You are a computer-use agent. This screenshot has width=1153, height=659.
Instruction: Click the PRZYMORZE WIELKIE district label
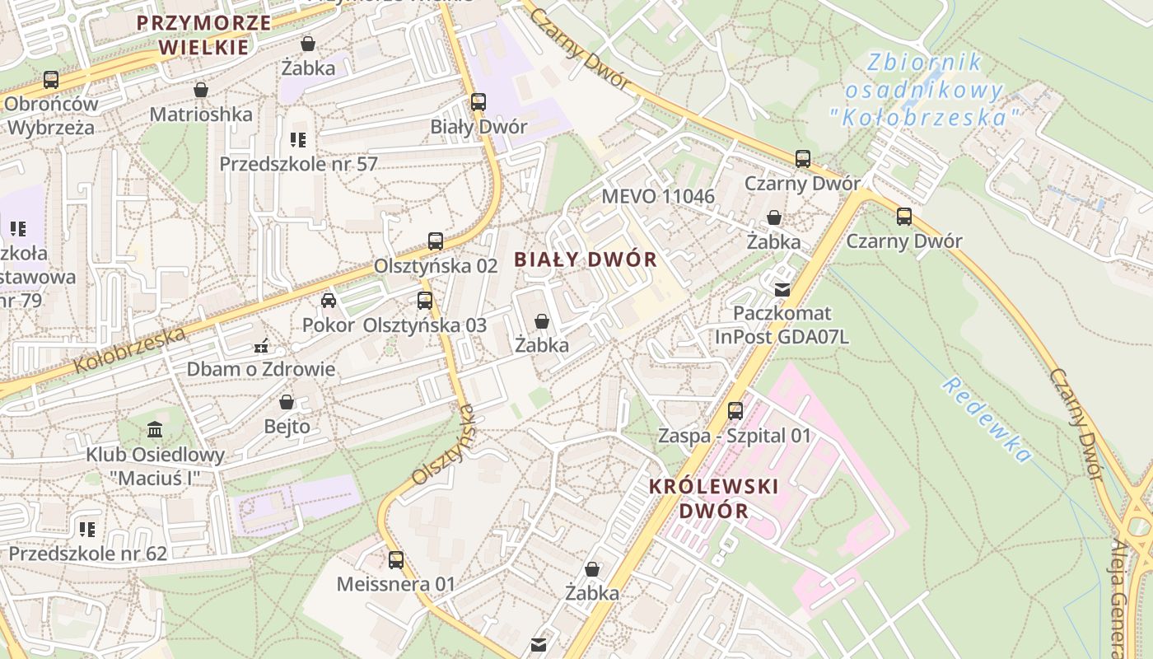coord(203,35)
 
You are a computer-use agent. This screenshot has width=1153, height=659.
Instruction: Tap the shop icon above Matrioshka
coord(201,90)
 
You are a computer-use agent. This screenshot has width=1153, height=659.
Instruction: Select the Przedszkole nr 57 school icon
coord(297,140)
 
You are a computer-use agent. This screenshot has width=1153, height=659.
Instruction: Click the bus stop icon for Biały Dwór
coord(478,102)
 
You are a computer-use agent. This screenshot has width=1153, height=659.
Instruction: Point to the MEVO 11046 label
coord(658,196)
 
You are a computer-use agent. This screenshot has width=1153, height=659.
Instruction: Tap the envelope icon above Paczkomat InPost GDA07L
coord(782,289)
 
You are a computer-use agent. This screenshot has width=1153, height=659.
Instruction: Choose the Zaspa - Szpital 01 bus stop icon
coord(735,410)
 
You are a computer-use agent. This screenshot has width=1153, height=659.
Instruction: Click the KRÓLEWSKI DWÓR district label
coord(713,498)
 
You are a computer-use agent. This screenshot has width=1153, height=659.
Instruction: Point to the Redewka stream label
coord(987,419)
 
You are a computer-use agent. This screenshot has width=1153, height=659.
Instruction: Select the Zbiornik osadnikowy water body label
coord(926,89)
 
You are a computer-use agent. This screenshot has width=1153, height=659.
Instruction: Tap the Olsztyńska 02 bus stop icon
coord(436,241)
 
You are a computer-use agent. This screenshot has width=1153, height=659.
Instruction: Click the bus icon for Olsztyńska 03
coord(425,301)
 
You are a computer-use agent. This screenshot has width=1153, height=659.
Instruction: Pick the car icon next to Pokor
coord(329,301)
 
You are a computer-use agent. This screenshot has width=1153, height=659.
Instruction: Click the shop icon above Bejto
coord(287,402)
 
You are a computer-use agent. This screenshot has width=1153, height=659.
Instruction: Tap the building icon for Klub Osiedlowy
coord(155,429)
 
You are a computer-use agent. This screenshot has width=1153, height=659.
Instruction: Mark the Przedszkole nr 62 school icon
coord(87,529)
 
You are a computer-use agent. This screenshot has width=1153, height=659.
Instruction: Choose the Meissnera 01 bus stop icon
coord(396,560)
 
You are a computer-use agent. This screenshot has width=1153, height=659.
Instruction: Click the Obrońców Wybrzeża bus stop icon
coord(51,80)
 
